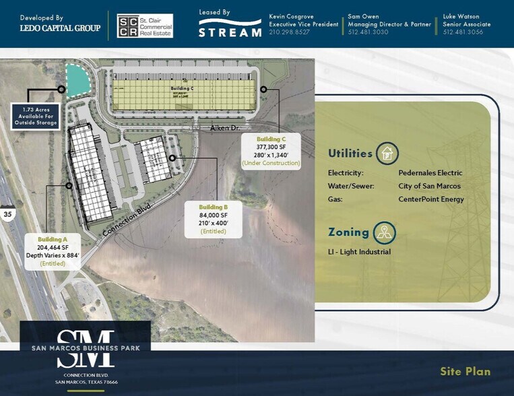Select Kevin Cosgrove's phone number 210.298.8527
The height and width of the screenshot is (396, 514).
(x=289, y=32)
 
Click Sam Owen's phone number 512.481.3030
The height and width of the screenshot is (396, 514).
(x=368, y=32)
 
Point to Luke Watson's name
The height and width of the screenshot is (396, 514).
(x=461, y=16)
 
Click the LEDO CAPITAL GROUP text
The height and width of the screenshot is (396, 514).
(x=60, y=28)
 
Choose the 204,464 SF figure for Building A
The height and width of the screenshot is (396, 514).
(x=53, y=248)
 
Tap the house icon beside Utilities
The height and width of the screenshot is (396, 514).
(x=387, y=154)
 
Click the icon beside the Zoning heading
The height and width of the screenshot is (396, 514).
(x=384, y=233)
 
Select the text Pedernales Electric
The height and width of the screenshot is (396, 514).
(x=430, y=173)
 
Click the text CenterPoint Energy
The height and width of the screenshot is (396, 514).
(x=431, y=199)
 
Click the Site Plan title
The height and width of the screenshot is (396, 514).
(x=465, y=372)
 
